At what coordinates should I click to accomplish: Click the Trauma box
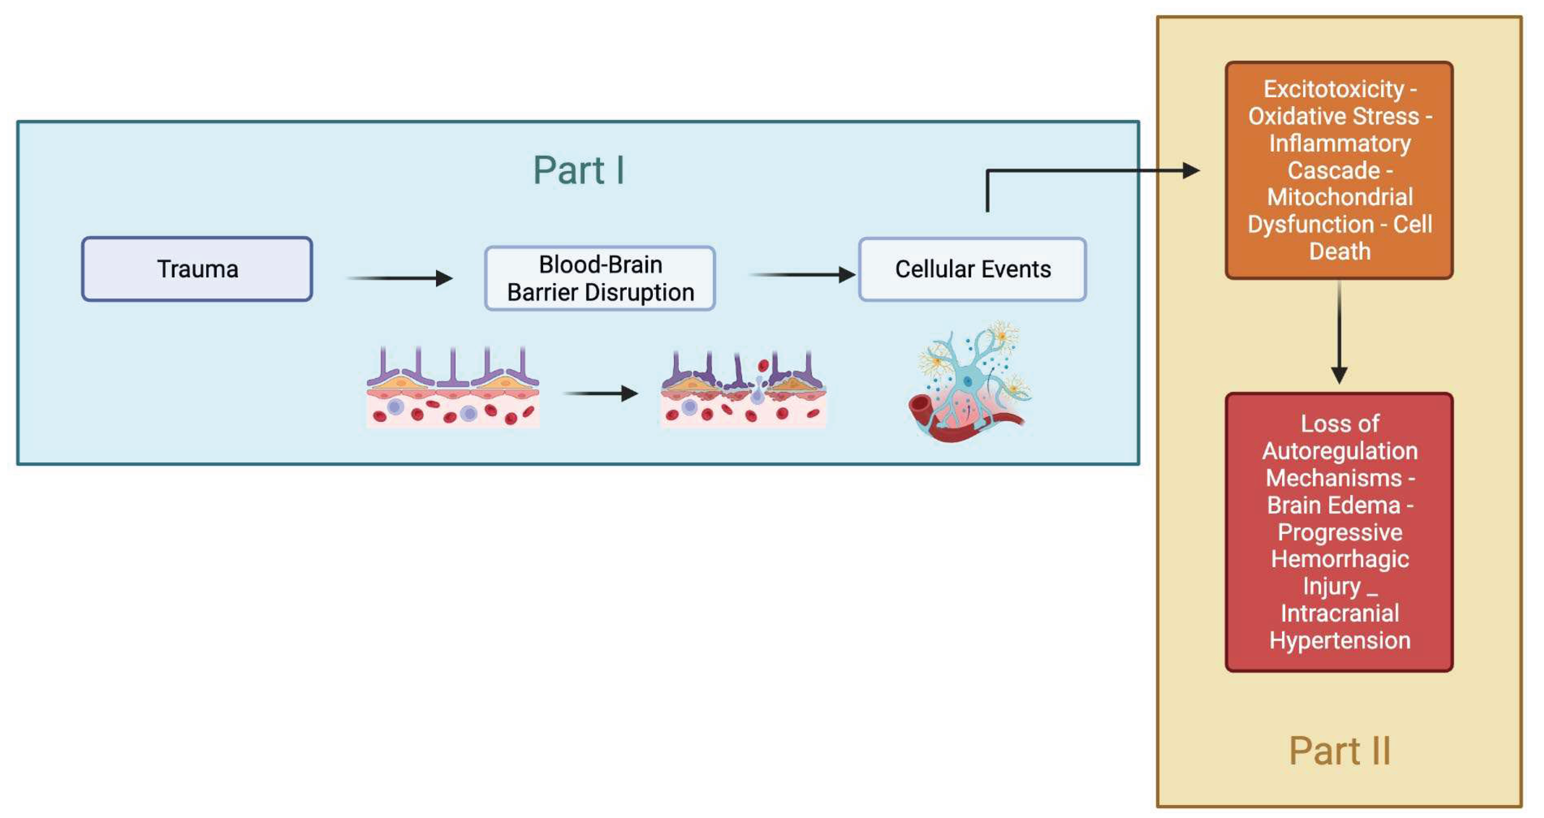197,269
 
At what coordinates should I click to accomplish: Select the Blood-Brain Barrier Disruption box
600,278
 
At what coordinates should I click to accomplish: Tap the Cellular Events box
972,269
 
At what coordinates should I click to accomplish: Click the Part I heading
578,170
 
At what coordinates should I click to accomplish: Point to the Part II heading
1339,751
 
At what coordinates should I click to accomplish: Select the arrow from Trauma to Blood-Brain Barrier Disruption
400,278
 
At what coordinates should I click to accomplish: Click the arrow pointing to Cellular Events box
803,275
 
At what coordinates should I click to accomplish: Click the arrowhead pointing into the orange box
1190,171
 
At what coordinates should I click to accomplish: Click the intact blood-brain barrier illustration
453,388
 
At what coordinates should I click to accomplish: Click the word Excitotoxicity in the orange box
1333,89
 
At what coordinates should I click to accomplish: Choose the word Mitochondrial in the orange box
1340,197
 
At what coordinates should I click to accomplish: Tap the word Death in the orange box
1340,251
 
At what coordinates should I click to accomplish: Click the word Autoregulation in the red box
1340,451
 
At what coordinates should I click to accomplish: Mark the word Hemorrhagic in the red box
1340,559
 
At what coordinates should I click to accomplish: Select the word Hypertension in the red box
1340,641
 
